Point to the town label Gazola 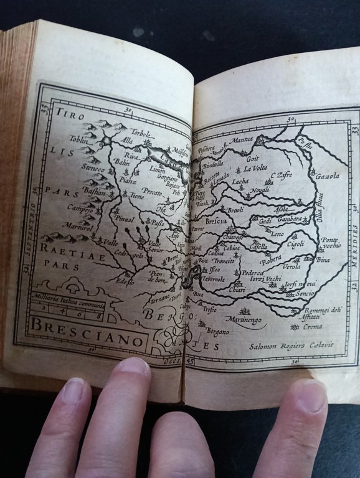(328, 177)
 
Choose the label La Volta (255, 168)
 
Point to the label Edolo (125, 281)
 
